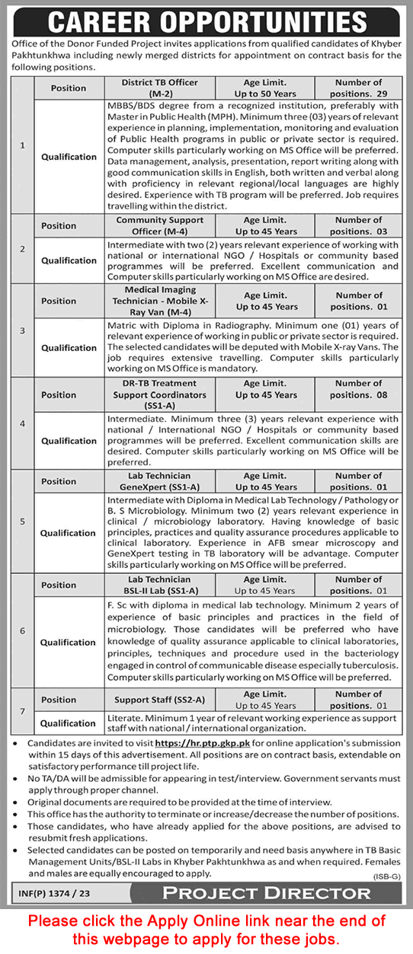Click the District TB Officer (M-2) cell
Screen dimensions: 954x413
[x=160, y=88]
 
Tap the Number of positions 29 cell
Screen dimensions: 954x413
[x=358, y=88]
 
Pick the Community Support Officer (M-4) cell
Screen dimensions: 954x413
[x=160, y=225]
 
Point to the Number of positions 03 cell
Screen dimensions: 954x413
[x=358, y=225]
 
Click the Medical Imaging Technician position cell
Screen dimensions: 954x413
[x=160, y=301]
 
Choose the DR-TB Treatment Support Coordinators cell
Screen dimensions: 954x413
[x=160, y=395]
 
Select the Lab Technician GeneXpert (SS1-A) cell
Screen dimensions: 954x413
[x=160, y=481]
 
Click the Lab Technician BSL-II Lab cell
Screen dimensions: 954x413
[x=160, y=585]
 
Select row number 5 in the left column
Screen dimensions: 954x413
[x=22, y=522]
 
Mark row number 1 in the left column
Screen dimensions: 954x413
[x=22, y=145]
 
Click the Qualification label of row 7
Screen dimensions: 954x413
[x=69, y=723]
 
